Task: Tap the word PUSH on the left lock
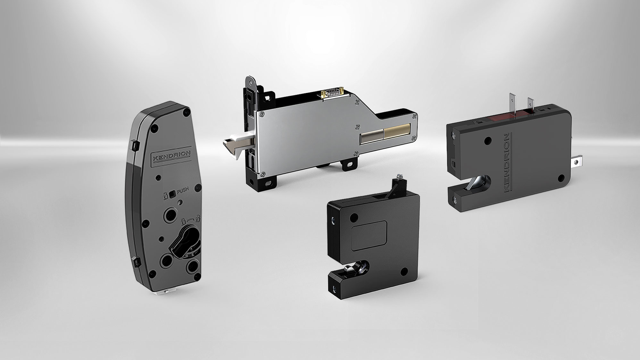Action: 183,190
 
